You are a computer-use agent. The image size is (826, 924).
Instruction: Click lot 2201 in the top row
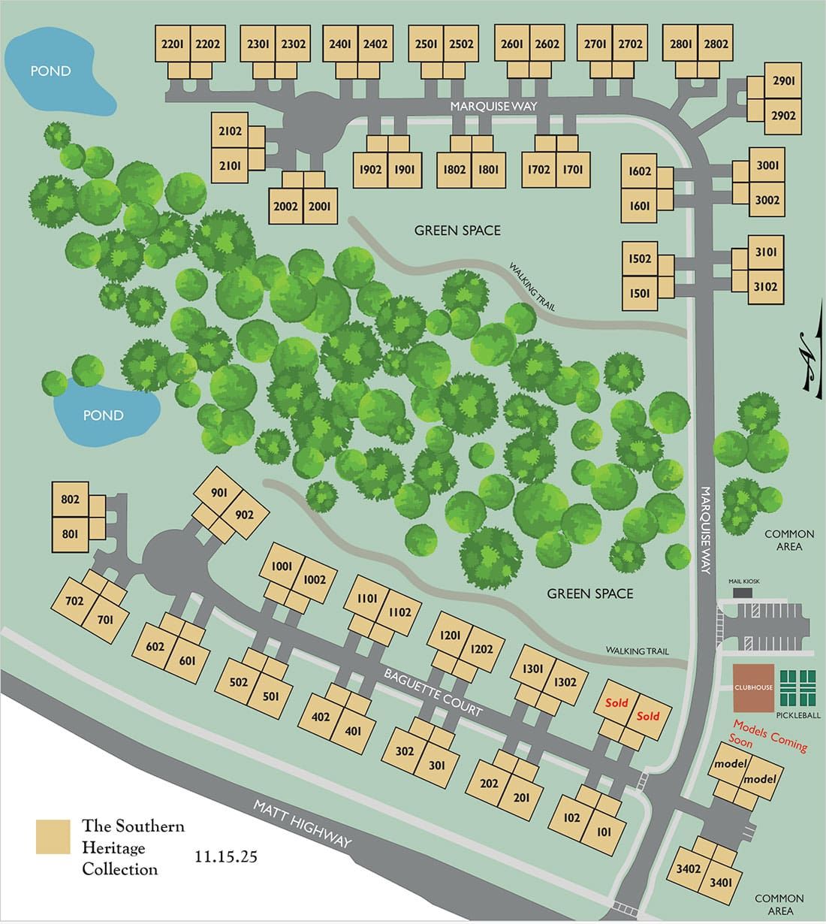[173, 44]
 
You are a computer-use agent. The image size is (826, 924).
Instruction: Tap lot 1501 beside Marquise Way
[639, 293]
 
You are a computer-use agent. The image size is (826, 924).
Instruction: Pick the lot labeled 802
[70, 500]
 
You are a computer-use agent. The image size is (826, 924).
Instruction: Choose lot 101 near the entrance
[604, 832]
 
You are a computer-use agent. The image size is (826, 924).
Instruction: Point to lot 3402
[688, 868]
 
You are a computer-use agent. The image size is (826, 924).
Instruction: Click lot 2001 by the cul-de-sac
[319, 207]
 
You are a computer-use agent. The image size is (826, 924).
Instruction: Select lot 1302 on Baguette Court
[565, 682]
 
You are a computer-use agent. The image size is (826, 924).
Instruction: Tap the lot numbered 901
[219, 493]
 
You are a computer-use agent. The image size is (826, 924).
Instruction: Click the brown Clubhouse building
[753, 687]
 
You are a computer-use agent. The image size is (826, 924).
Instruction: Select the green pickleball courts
[800, 687]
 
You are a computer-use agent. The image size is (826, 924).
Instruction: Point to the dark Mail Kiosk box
[741, 593]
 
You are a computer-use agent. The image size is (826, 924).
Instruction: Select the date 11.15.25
[225, 856]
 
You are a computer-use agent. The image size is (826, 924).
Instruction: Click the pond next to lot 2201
[51, 71]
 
